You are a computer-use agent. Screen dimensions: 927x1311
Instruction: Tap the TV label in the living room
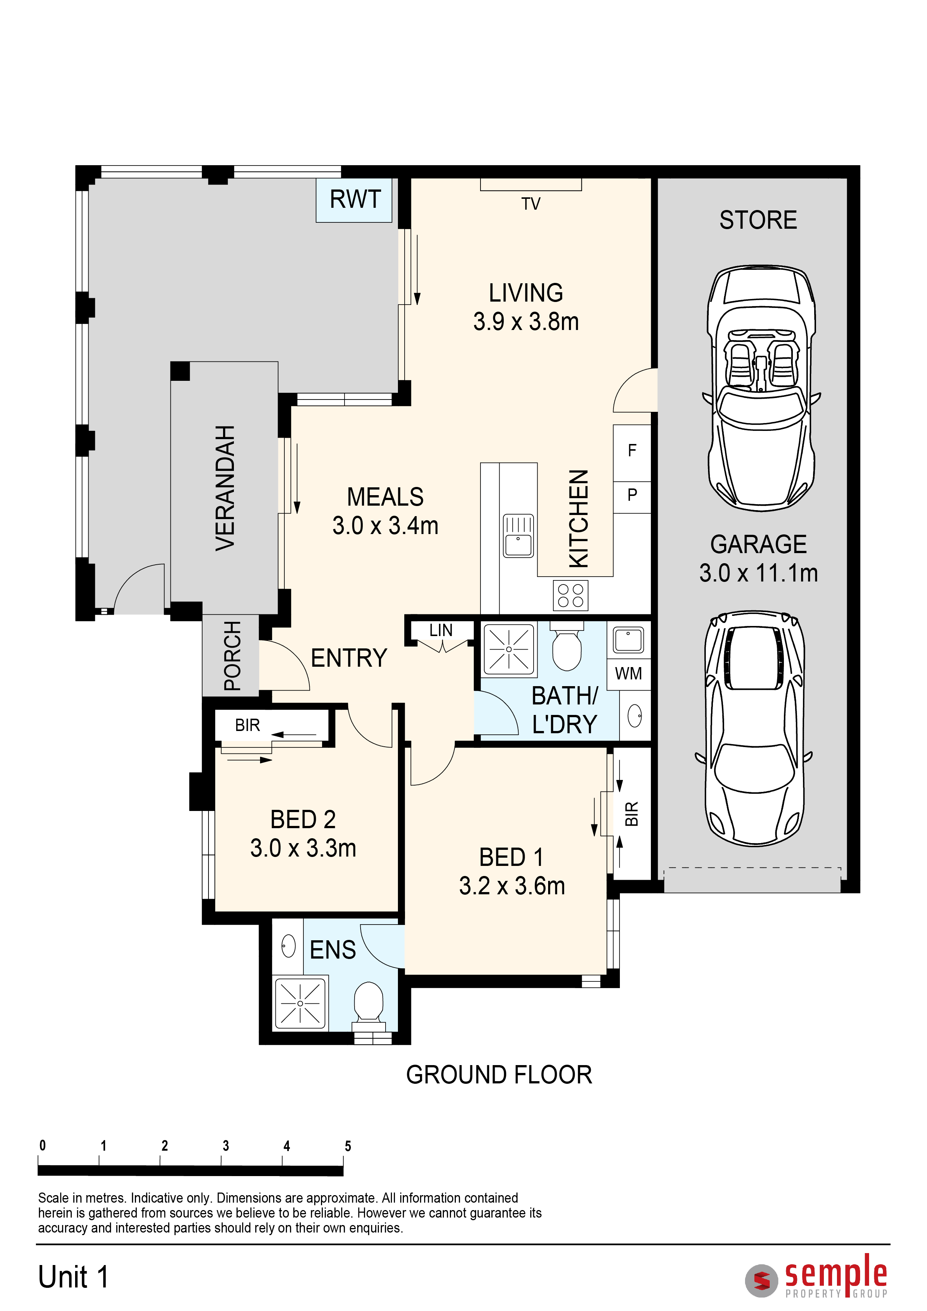(x=531, y=204)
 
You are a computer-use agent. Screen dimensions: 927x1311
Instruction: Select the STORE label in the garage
(x=758, y=220)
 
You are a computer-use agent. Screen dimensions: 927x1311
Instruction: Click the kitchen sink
(x=518, y=536)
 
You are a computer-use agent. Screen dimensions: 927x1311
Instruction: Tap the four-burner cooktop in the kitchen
(x=570, y=595)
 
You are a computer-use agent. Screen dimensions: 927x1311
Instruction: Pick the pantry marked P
(x=632, y=495)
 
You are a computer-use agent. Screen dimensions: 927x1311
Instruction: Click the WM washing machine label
(x=628, y=674)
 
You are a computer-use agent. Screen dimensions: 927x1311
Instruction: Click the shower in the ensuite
(x=300, y=1003)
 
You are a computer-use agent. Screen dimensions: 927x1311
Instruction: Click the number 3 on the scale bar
(x=225, y=1146)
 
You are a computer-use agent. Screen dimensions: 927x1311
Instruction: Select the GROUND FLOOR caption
(x=499, y=1075)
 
